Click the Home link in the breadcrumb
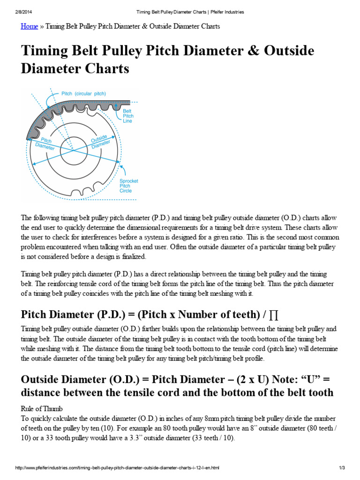tap(29, 26)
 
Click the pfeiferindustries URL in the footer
tap(117, 468)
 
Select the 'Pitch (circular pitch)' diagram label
tap(84, 94)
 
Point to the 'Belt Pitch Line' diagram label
tap(127, 116)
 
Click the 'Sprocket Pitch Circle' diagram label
tap(128, 186)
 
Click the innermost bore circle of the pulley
tap(74, 151)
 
